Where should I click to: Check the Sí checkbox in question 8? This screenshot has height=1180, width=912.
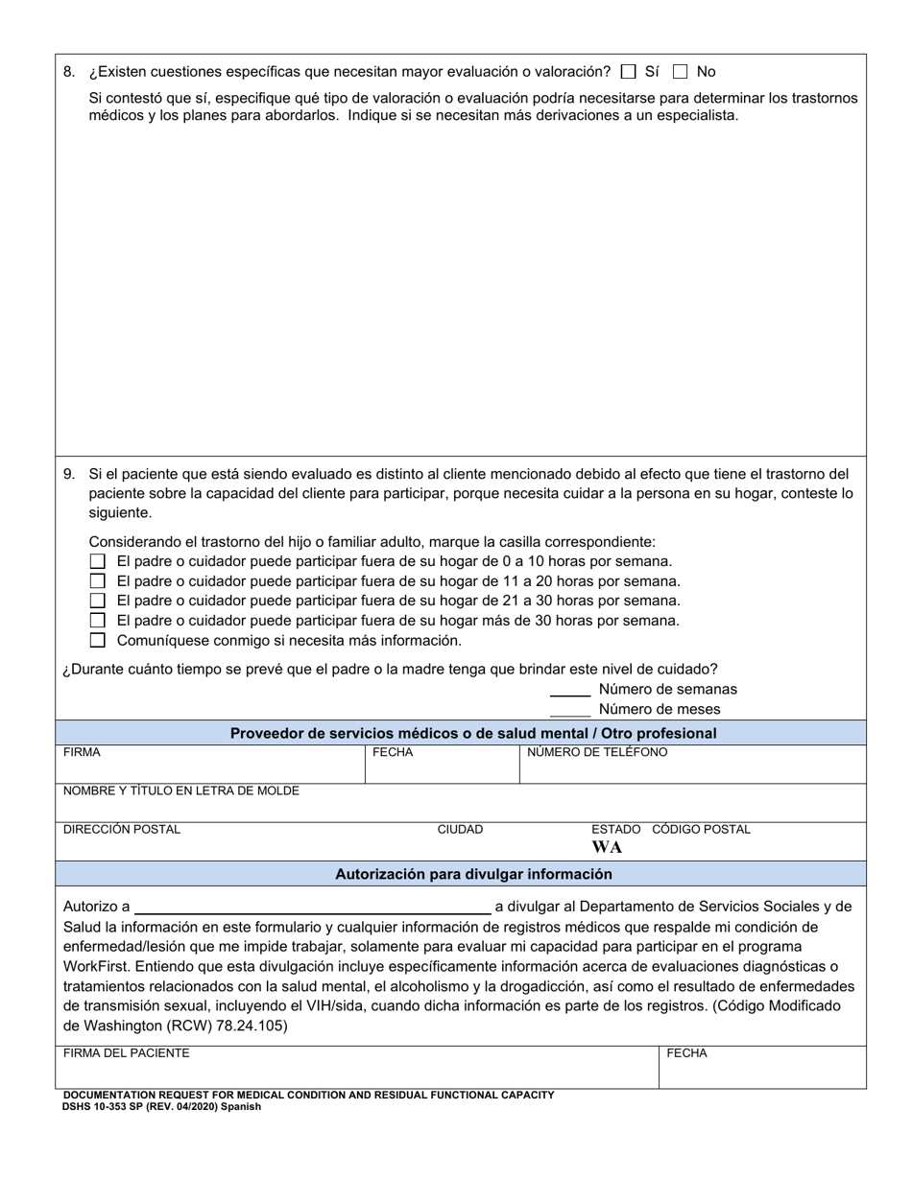629,71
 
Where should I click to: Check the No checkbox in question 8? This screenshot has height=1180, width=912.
681,71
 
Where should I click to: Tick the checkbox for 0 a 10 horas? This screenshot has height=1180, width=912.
97,561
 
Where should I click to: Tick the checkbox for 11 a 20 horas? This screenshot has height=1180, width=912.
97,580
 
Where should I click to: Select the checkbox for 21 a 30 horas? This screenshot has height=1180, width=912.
97,601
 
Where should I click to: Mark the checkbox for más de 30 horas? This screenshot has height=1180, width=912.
97,621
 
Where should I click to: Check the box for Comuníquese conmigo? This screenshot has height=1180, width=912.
97,640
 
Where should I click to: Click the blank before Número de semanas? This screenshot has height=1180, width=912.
570,690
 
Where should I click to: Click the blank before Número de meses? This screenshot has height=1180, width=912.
570,710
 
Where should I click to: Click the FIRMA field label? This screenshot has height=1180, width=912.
82,752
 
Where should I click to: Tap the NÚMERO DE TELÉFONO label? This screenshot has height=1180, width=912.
596,752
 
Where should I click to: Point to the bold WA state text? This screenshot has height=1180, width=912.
607,847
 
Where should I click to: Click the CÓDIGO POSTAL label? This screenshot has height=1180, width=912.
701,829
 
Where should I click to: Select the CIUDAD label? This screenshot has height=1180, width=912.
460,829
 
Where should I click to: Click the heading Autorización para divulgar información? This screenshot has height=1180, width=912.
473,874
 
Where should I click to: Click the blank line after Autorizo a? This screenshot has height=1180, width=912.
313,907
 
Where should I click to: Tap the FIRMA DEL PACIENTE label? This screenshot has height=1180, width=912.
126,1052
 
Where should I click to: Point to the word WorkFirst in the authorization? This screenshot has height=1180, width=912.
98,966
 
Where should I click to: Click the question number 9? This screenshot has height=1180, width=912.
68,473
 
